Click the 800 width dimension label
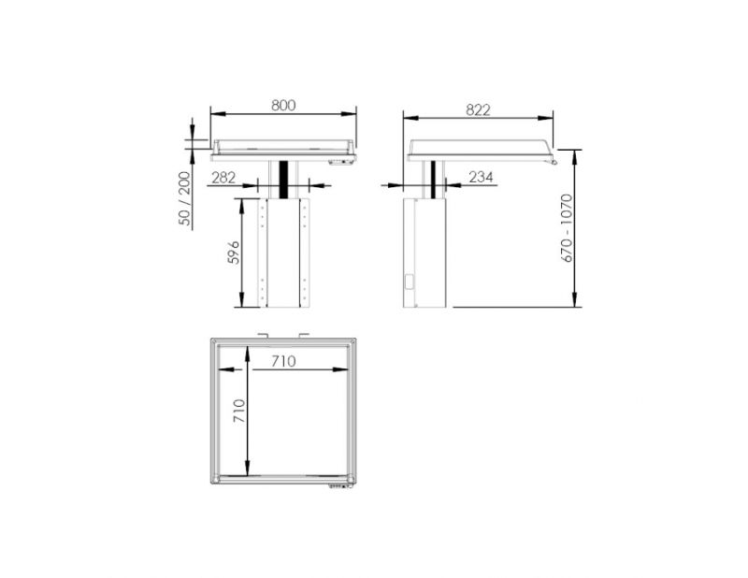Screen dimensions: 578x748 [x=283, y=105]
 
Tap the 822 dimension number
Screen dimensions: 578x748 [x=478, y=109]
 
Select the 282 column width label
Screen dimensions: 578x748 [x=223, y=176]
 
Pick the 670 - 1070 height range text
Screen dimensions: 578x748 [x=566, y=227]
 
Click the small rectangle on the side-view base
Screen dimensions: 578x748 [x=409, y=281]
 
